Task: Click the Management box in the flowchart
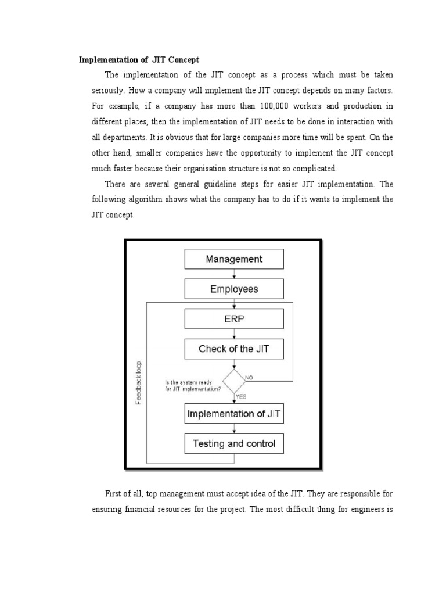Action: [234, 259]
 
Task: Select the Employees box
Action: [234, 289]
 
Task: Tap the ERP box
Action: [234, 319]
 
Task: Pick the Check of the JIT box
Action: [234, 349]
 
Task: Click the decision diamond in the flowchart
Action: [234, 382]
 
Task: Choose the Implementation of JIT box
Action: [234, 415]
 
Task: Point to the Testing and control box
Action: [234, 445]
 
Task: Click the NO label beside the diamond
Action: [249, 378]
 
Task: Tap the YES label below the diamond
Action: [241, 397]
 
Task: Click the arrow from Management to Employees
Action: [234, 274]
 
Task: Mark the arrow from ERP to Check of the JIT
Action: [234, 334]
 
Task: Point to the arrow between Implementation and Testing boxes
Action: [234, 429]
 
